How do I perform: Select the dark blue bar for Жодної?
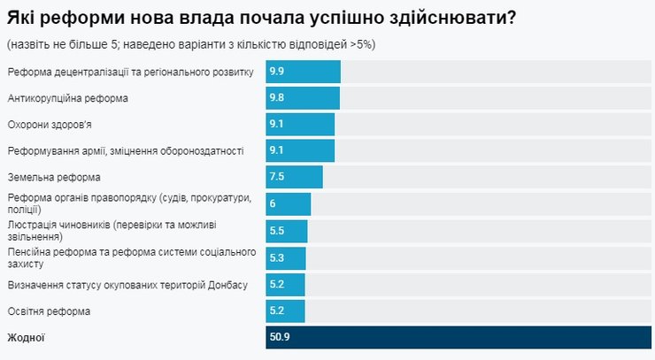458,338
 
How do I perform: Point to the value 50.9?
280,338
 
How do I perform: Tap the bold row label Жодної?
26,338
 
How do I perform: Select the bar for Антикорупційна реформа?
303,98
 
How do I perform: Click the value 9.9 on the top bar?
277,72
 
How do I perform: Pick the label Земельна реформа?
54,178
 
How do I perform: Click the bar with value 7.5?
294,178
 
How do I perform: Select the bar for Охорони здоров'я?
300,125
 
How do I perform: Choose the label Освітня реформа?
49,311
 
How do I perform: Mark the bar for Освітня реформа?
285,311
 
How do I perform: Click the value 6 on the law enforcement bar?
274,204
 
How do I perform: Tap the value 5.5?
277,231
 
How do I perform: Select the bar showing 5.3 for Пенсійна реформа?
286,258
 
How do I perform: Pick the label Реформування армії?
126,151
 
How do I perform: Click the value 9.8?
277,98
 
